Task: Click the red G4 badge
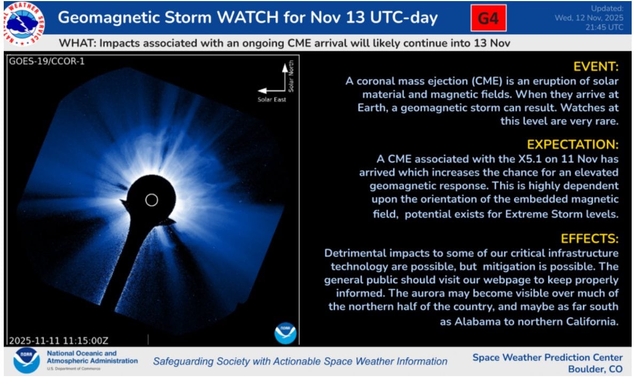coord(488,18)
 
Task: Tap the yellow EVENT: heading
coord(595,67)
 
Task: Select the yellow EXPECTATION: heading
coord(572,145)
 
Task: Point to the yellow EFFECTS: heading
coord(589,238)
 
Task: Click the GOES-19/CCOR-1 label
coord(47,61)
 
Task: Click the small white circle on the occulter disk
coord(151,200)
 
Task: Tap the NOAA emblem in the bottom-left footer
coord(26,361)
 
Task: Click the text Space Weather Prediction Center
coord(547,357)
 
